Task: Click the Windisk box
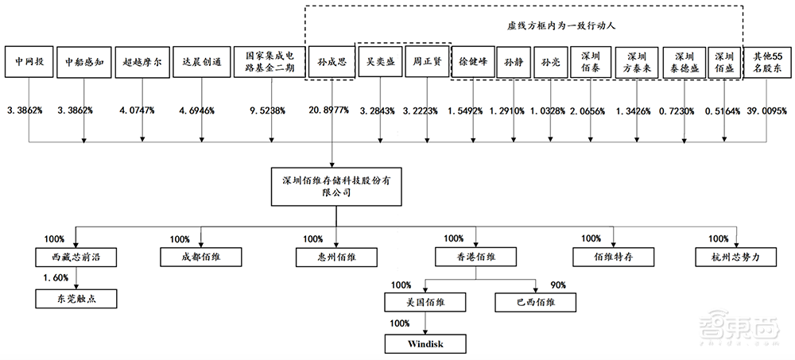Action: pos(424,344)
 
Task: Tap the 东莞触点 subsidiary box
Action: pos(76,299)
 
